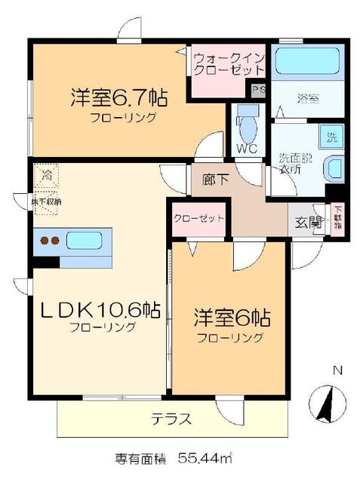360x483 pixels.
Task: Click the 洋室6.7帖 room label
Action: point(119,98)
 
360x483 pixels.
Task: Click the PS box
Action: point(259,90)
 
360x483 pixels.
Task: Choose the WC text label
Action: point(248,148)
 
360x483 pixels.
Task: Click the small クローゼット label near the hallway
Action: point(199,218)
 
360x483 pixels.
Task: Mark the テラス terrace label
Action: point(171,418)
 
